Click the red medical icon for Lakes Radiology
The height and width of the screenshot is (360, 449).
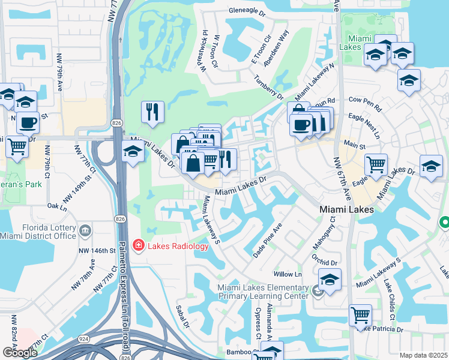[138, 245]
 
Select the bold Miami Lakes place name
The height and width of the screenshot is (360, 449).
[347, 209]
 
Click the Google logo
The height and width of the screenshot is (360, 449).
[19, 352]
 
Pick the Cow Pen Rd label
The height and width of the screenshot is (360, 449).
[365, 104]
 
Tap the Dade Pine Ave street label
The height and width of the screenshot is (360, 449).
[267, 241]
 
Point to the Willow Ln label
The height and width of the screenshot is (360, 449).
[288, 274]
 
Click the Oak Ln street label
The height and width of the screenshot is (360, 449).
[56, 207]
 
